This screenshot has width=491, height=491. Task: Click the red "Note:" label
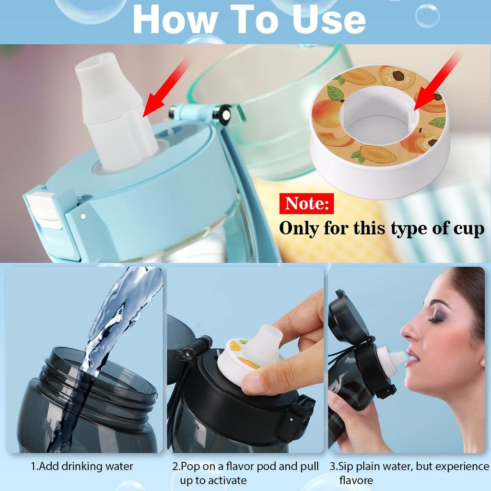point(306,203)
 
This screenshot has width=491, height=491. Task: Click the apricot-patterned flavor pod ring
point(379,131)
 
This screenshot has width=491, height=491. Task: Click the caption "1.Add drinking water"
point(82,467)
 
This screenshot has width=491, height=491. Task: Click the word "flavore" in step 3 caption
point(356,480)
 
